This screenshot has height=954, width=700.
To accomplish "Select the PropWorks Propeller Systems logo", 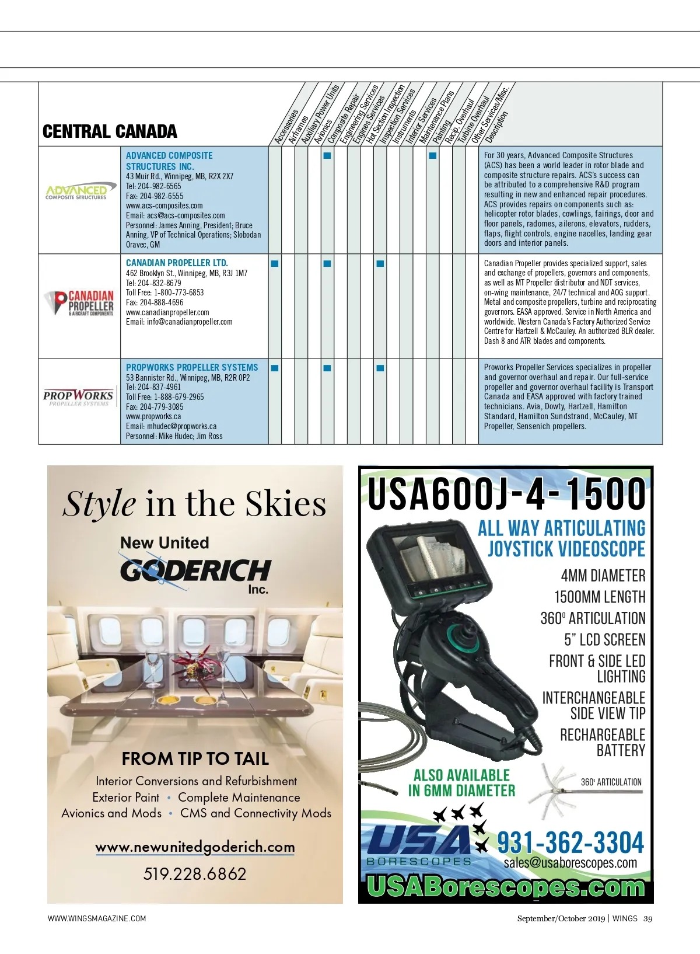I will (x=78, y=398).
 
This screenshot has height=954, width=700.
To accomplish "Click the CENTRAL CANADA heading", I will (x=110, y=131).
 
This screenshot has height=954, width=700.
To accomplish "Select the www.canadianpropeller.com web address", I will (x=167, y=312).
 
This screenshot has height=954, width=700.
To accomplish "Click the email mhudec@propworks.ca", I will (x=171, y=426).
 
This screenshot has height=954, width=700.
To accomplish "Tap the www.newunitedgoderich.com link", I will (x=195, y=847).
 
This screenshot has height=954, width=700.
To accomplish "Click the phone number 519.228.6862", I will (x=195, y=874).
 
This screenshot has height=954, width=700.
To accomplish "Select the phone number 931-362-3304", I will (x=570, y=843).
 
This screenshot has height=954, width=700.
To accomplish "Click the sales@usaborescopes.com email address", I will (x=570, y=863).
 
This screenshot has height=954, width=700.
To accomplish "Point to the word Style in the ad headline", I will (x=99, y=504).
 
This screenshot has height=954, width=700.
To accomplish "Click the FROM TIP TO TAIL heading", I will (x=195, y=759).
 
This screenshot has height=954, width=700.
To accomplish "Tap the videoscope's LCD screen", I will (x=430, y=555).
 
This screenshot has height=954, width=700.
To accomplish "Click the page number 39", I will (x=647, y=918).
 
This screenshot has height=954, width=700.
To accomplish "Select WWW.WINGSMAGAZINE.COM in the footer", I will (x=97, y=918).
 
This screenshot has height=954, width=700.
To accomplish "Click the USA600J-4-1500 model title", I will (x=506, y=494).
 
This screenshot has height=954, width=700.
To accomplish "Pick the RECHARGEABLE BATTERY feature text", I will (x=603, y=743).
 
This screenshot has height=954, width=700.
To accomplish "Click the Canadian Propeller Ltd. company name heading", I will (x=177, y=263).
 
